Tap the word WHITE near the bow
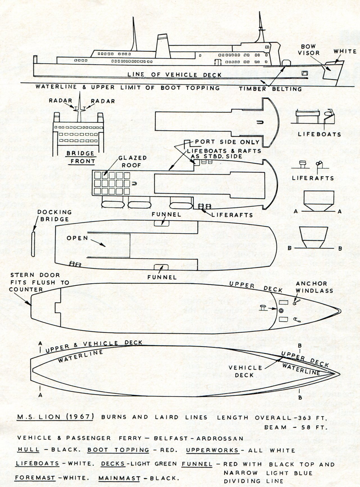pos(345,51)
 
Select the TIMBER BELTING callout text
pos(270,89)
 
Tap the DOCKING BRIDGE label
pos(55,215)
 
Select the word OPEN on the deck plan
pos(77,238)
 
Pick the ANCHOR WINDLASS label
pos(314,287)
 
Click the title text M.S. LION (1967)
pos(55,417)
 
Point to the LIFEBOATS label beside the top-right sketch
pos(320,134)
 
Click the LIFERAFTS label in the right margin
pos(313,178)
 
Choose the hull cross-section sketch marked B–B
pos(314,237)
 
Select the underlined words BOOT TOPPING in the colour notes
pos(118,450)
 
